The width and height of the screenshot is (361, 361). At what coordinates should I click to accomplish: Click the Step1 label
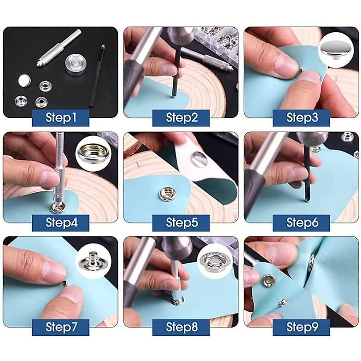[61, 118]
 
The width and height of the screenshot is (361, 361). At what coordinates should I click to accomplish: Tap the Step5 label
[181, 223]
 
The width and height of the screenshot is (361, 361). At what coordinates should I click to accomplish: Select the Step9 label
[301, 327]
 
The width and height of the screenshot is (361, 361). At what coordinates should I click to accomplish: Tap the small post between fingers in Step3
[300, 70]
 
